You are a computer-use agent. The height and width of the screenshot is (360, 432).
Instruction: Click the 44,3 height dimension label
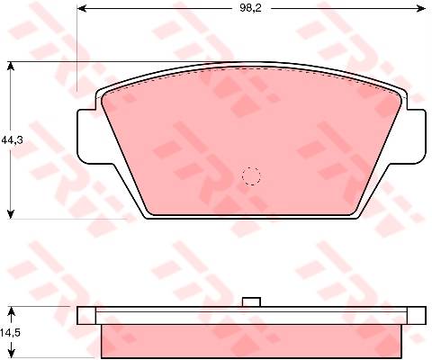click(x=13, y=139)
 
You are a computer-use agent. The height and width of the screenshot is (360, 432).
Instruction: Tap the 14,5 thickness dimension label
click(x=11, y=332)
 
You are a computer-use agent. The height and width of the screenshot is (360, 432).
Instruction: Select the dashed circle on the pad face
click(x=251, y=176)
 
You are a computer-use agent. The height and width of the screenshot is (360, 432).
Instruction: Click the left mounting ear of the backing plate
click(x=86, y=137)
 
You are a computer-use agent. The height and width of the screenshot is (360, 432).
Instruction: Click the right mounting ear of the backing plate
click(x=417, y=137)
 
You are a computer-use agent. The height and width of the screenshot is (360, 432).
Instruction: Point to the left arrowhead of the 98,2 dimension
click(x=82, y=8)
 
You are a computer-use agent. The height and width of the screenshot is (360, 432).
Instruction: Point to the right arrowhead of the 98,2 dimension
click(x=421, y=8)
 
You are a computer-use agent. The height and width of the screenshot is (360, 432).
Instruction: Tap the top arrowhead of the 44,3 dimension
click(x=11, y=67)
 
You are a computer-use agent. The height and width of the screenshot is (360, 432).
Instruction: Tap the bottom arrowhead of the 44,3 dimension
click(x=11, y=214)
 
